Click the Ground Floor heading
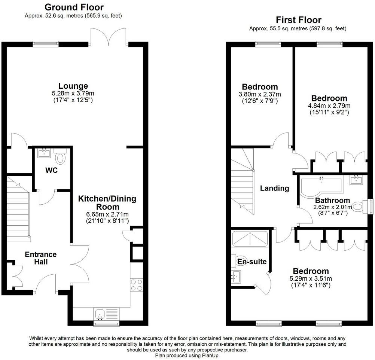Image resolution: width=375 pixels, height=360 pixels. point(74,7)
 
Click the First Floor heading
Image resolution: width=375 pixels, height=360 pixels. point(298,20)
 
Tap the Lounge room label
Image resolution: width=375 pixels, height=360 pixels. point(73,86)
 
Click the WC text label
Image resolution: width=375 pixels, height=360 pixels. point(51,171)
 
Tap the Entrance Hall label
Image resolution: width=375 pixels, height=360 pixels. point(41,258)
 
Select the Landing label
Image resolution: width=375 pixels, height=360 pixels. point(275,188)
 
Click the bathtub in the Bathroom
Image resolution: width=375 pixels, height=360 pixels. point(320,185)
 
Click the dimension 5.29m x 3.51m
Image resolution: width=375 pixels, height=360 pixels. point(311,279)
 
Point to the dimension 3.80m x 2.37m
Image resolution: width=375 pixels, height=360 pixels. point(260,94)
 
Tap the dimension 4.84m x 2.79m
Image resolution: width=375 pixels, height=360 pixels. point(329,106)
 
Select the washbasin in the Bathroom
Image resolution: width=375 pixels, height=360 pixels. point(357,180)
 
